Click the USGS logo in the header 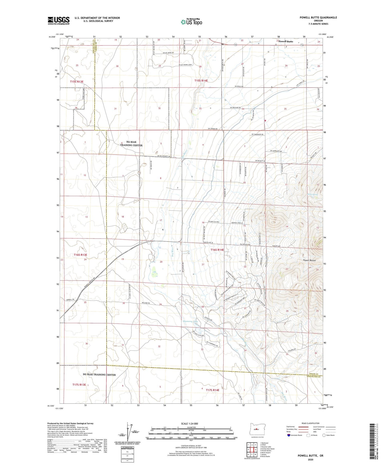coord(59,21)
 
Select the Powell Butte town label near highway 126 coord(286,42)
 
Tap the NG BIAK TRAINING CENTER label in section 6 coord(131,143)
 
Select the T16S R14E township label coord(217,250)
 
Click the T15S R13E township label coord(77,82)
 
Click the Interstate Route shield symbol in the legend coord(289,435)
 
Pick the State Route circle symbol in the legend coord(324,435)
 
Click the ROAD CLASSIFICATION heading coord(311,423)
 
